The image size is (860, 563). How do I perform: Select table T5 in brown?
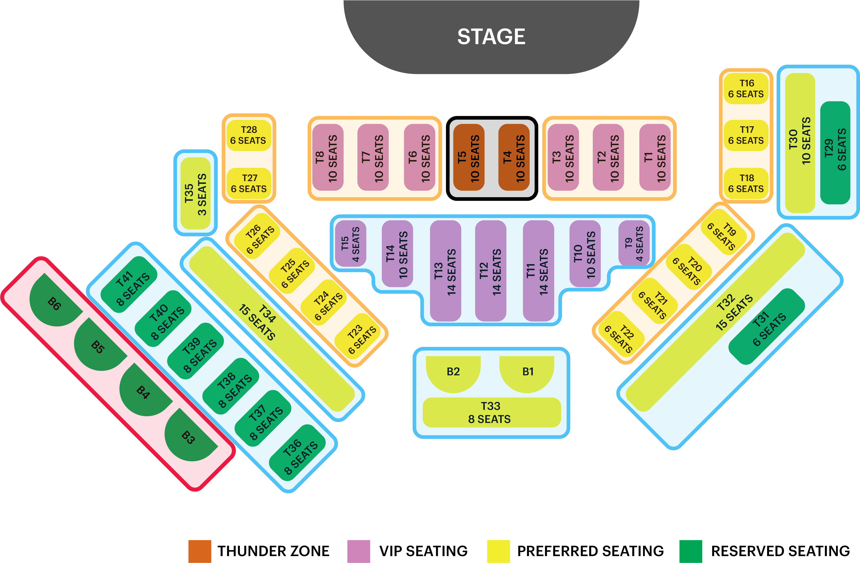pyautogui.click(x=469, y=157)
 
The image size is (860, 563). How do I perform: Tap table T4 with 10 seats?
pyautogui.click(x=514, y=157)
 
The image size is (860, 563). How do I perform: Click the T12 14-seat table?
pyautogui.click(x=490, y=271)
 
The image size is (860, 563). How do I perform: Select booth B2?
pyautogui.click(x=453, y=372)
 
